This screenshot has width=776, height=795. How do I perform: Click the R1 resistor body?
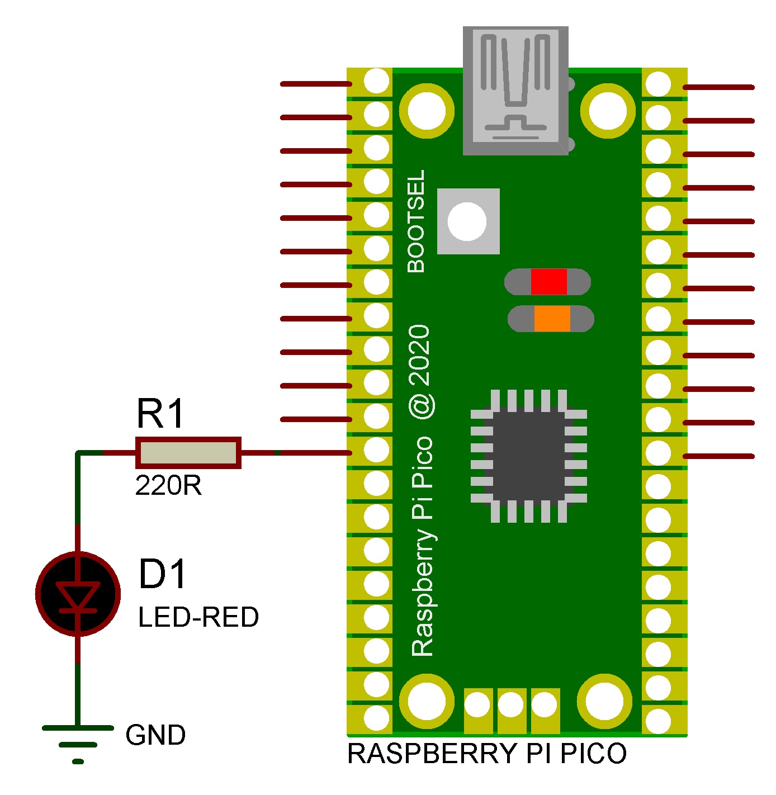pyautogui.click(x=188, y=453)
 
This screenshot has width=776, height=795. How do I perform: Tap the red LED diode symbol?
pyautogui.click(x=78, y=593)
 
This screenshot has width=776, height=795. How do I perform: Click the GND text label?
pyautogui.click(x=155, y=735)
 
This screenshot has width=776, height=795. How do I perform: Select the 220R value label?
pyautogui.click(x=168, y=485)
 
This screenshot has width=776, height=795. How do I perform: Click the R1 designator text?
pyautogui.click(x=160, y=414)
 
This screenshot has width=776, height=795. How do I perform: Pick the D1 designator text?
pyautogui.click(x=162, y=574)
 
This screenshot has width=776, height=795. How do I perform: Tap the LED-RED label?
pyautogui.click(x=198, y=617)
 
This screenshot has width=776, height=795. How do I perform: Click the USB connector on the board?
pyautogui.click(x=515, y=89)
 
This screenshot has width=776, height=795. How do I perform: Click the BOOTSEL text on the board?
pyautogui.click(x=417, y=221)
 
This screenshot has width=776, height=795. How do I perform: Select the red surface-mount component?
pyautogui.click(x=548, y=282)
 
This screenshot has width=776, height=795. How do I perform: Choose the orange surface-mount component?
pyautogui.click(x=551, y=319)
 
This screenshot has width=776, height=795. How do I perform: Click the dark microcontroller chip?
pyautogui.click(x=528, y=455)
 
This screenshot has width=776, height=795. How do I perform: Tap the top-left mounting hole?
pyautogui.click(x=427, y=110)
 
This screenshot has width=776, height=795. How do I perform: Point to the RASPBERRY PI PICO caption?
pyautogui.click(x=487, y=754)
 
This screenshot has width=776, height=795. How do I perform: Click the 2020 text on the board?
pyautogui.click(x=420, y=354)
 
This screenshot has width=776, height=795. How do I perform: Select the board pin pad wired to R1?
pyautogui.click(x=376, y=450)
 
